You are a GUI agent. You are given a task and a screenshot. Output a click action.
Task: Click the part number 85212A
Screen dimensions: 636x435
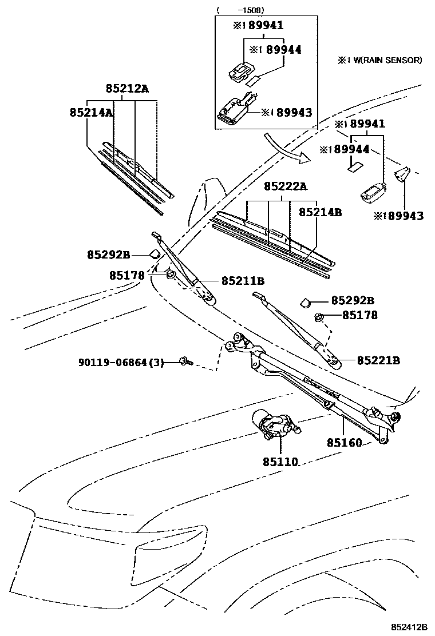(x=126, y=89)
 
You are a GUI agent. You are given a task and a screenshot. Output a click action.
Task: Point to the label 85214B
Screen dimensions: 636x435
(x=320, y=212)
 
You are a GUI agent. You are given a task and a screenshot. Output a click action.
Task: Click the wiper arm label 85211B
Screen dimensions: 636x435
(x=243, y=281)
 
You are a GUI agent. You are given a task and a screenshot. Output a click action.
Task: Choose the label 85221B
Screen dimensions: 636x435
(x=378, y=360)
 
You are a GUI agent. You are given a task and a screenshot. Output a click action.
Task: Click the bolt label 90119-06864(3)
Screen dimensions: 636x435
(x=121, y=362)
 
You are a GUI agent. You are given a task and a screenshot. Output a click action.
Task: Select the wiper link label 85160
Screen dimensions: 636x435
(x=345, y=443)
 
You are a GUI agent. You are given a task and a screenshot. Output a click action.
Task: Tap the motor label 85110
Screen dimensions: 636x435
(x=280, y=462)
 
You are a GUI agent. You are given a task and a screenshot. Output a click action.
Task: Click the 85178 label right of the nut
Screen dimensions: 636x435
(x=360, y=315)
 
